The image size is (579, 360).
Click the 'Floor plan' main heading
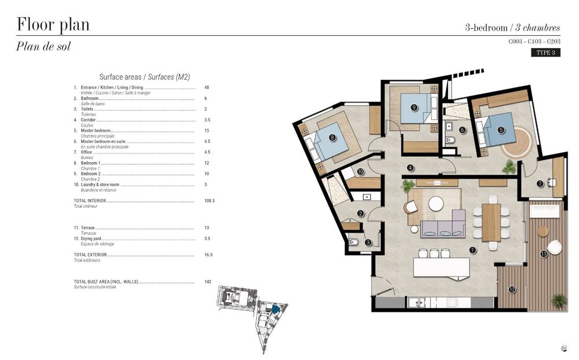click(x=53, y=25)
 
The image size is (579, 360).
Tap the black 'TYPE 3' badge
click(x=545, y=53)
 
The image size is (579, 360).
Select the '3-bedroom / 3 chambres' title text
click(x=512, y=27)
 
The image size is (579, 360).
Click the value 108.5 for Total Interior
click(x=209, y=201)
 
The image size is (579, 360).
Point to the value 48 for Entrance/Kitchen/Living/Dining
click(x=206, y=87)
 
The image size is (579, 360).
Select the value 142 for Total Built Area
click(x=207, y=282)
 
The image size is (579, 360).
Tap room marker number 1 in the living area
click(x=472, y=250)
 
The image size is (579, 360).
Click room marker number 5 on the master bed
click(x=501, y=130)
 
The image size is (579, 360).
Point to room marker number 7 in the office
click(x=540, y=183)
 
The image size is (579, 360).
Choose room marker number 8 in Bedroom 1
click(x=332, y=137)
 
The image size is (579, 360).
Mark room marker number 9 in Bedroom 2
click(x=414, y=107)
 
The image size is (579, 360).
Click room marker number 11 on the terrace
click(x=543, y=254)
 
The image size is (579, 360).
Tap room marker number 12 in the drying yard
click(x=512, y=289)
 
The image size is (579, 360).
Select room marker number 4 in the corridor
click(x=410, y=168)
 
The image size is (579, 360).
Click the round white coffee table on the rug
click(x=435, y=203)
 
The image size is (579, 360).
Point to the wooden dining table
click(x=491, y=222)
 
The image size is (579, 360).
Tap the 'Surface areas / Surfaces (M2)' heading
click(x=145, y=77)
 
